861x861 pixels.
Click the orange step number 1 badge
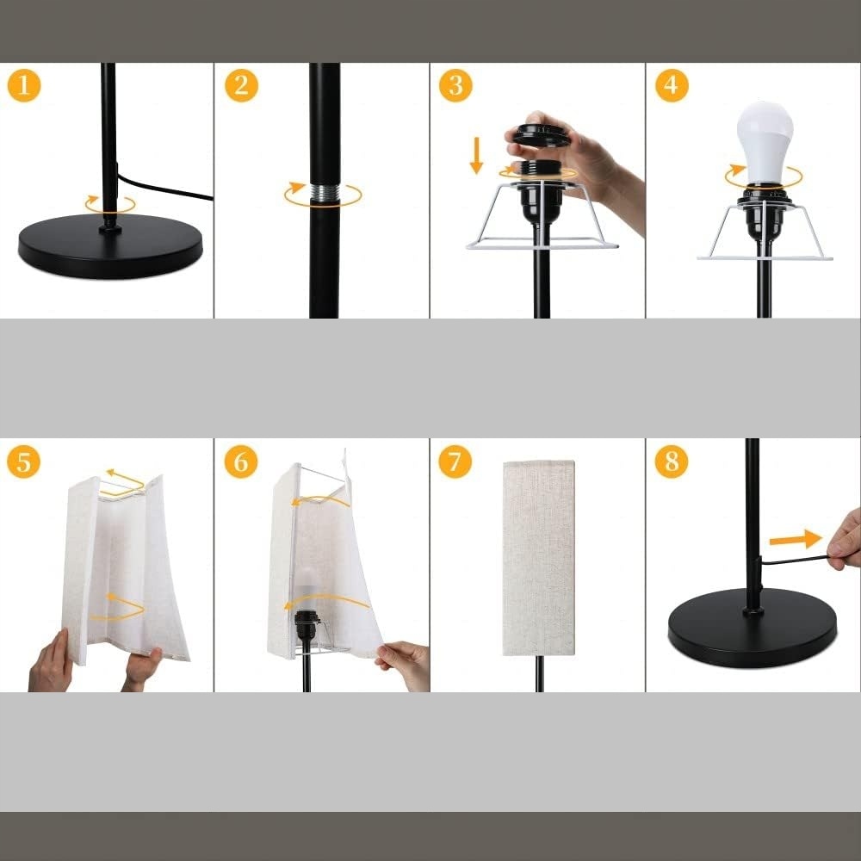tap(23, 85)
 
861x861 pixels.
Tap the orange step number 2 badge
tap(241, 85)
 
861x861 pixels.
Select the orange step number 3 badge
tap(455, 85)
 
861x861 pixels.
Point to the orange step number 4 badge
tap(672, 85)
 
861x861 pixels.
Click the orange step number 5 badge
tap(23, 461)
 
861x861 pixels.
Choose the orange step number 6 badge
tap(241, 461)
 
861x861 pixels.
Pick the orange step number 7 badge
tap(455, 461)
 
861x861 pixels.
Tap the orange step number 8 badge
tap(672, 461)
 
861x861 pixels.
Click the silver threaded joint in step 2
tap(325, 192)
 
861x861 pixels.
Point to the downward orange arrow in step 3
tap(476, 155)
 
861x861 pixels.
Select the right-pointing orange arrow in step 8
tap(795, 539)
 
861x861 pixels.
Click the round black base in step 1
tap(110, 245)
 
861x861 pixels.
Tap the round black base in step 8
tap(753, 627)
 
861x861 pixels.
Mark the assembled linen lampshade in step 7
tap(539, 558)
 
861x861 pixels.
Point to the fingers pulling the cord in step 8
tap(845, 541)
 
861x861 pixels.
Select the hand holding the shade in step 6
tap(404, 665)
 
